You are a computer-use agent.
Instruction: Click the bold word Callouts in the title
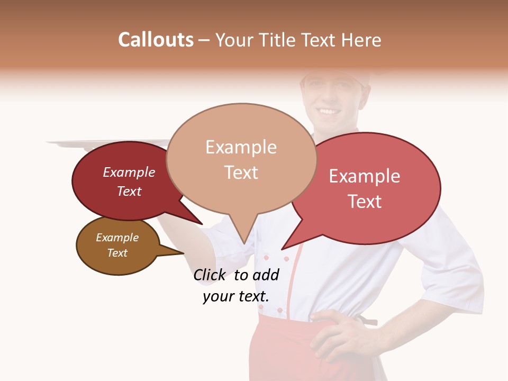[156, 40]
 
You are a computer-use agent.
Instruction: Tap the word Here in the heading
[361, 40]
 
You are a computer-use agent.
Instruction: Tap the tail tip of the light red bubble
[283, 249]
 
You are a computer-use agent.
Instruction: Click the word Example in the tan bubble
[241, 147]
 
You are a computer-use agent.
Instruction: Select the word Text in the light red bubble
[365, 202]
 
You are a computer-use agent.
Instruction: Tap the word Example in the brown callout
[117, 238]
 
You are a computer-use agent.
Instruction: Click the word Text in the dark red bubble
[129, 191]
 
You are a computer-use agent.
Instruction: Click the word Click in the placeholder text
[210, 275]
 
